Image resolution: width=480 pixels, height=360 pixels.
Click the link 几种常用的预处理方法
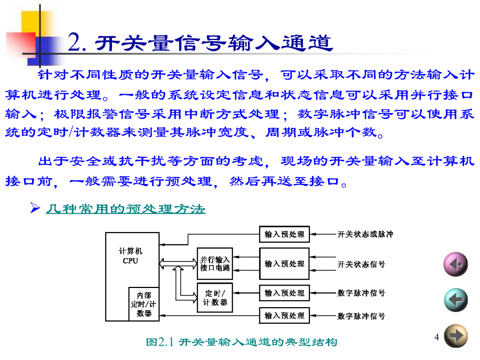(125, 209)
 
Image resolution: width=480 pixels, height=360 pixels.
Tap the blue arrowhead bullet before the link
(35, 208)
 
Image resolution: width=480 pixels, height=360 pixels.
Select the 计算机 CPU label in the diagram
(131, 256)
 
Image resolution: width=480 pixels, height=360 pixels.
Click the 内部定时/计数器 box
(144, 304)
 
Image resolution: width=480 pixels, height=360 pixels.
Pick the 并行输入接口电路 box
(215, 263)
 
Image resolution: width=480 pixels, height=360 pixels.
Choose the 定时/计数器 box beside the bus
(215, 298)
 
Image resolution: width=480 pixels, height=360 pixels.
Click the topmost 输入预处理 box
(284, 234)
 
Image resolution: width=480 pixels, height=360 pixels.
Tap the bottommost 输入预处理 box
(284, 315)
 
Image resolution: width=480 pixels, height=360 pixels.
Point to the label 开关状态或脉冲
(365, 234)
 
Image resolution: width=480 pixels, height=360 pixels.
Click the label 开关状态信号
(361, 264)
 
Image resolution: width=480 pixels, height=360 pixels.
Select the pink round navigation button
(455, 264)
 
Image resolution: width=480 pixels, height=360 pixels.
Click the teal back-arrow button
(456, 300)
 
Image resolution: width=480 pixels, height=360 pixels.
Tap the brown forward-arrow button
(456, 336)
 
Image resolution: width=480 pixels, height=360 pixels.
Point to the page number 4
(436, 337)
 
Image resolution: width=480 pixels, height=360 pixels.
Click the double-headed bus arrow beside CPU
(178, 263)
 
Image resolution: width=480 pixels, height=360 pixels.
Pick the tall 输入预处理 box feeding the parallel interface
(284, 263)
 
